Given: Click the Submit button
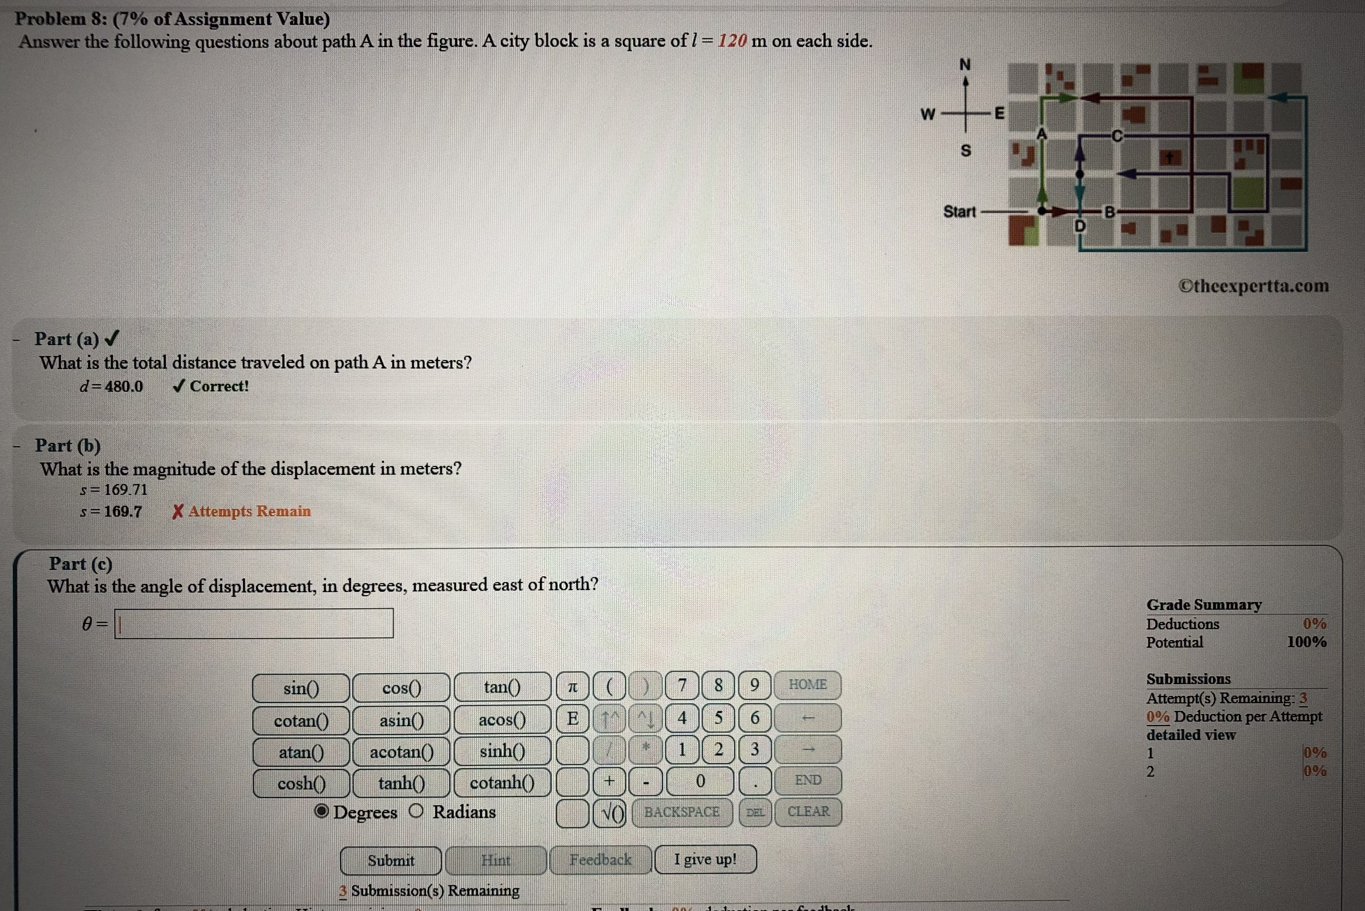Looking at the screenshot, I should (x=391, y=860).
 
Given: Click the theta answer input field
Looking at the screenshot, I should (x=254, y=623).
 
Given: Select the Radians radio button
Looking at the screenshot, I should (x=416, y=811).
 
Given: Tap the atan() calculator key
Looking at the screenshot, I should (x=301, y=753).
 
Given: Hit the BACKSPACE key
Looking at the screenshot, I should (x=682, y=812).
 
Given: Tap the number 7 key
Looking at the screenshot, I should (x=682, y=685).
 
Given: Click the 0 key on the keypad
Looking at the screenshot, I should (x=700, y=781).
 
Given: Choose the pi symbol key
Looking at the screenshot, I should (x=573, y=687).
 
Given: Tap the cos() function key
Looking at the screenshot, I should (x=401, y=688).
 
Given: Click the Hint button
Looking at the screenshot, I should (x=496, y=860).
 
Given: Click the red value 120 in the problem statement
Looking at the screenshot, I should (x=732, y=41).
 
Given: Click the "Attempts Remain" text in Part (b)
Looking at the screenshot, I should (x=249, y=511).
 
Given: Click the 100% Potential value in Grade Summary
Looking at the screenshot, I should (x=1306, y=642).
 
